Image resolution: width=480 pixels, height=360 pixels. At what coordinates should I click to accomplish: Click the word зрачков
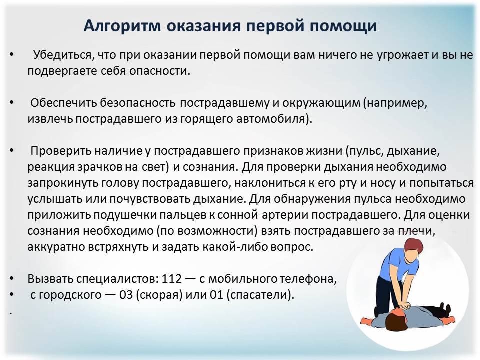coord(87,166)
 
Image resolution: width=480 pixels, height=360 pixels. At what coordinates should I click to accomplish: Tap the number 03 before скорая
coord(126,294)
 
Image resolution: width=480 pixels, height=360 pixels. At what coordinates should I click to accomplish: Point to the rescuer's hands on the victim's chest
coord(405,303)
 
